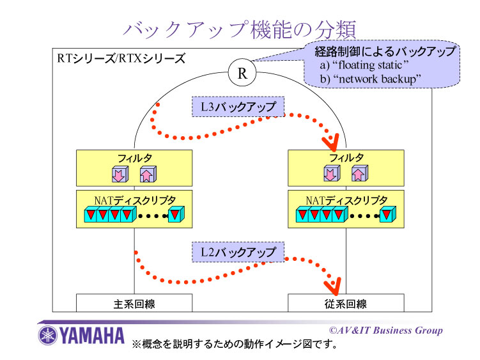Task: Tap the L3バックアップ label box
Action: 238,106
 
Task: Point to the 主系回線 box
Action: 134,303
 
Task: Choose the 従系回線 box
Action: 346,303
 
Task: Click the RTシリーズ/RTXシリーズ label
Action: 121,59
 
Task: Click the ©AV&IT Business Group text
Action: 385,330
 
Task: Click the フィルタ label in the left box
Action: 134,157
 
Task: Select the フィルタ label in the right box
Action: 346,157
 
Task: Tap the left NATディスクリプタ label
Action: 134,199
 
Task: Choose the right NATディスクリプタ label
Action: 346,199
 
